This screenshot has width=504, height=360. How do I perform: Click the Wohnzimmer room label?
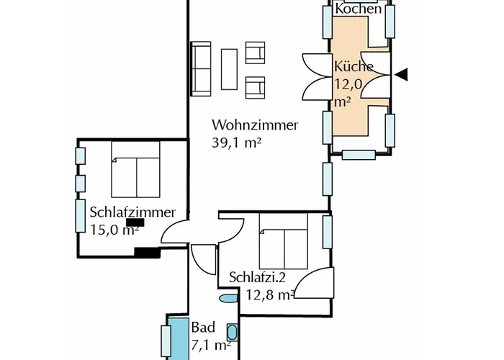pyautogui.click(x=255, y=125)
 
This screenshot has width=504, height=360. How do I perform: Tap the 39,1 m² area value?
pyautogui.click(x=236, y=143)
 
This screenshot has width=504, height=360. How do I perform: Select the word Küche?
pyautogui.click(x=354, y=67)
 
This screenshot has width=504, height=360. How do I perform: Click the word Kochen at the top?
pyautogui.click(x=359, y=9)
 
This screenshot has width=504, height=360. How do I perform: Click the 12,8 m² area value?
pyautogui.click(x=269, y=294)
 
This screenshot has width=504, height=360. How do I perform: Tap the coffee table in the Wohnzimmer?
pyautogui.click(x=230, y=69)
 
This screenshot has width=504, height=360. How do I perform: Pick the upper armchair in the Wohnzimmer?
pyautogui.click(x=256, y=52)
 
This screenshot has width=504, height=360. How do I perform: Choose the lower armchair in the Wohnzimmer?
pyautogui.click(x=256, y=86)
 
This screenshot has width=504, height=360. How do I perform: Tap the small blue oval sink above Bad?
pyautogui.click(x=228, y=298)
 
